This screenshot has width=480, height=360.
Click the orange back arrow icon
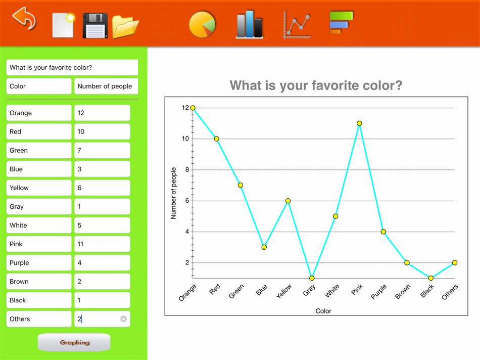[x=24, y=19]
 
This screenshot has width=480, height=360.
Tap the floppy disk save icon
[x=95, y=25]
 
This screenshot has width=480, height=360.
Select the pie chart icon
[x=202, y=24]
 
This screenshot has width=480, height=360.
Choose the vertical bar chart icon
[x=250, y=24]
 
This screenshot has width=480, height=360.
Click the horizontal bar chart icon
[x=341, y=22]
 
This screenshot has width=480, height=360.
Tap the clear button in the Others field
[x=123, y=319]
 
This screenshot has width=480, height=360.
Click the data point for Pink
[x=359, y=123]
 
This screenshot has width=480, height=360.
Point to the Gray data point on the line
[x=312, y=278]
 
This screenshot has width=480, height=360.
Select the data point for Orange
[x=193, y=108]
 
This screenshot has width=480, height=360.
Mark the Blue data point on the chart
[x=264, y=247]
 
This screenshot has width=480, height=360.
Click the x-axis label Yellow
[x=284, y=291]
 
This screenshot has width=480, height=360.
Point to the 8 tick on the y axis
[x=187, y=170]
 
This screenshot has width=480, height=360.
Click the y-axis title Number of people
[x=174, y=193]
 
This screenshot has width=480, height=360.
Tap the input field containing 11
[x=102, y=244]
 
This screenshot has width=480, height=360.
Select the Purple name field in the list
[x=39, y=262]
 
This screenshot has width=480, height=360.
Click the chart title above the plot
[x=316, y=85]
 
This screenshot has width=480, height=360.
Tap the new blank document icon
[x=63, y=25]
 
